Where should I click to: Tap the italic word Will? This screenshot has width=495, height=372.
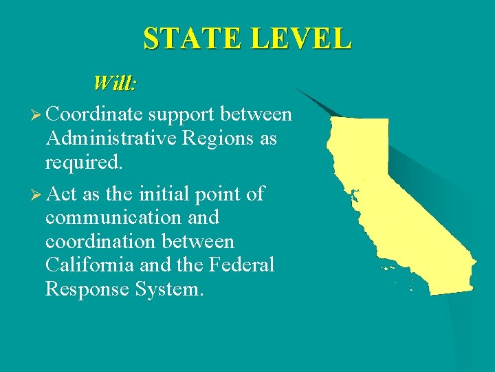click(x=115, y=84)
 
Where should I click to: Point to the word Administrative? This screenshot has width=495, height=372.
click(x=111, y=138)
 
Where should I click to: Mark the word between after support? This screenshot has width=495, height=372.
click(x=259, y=114)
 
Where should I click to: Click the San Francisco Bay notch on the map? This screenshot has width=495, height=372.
click(x=355, y=195)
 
